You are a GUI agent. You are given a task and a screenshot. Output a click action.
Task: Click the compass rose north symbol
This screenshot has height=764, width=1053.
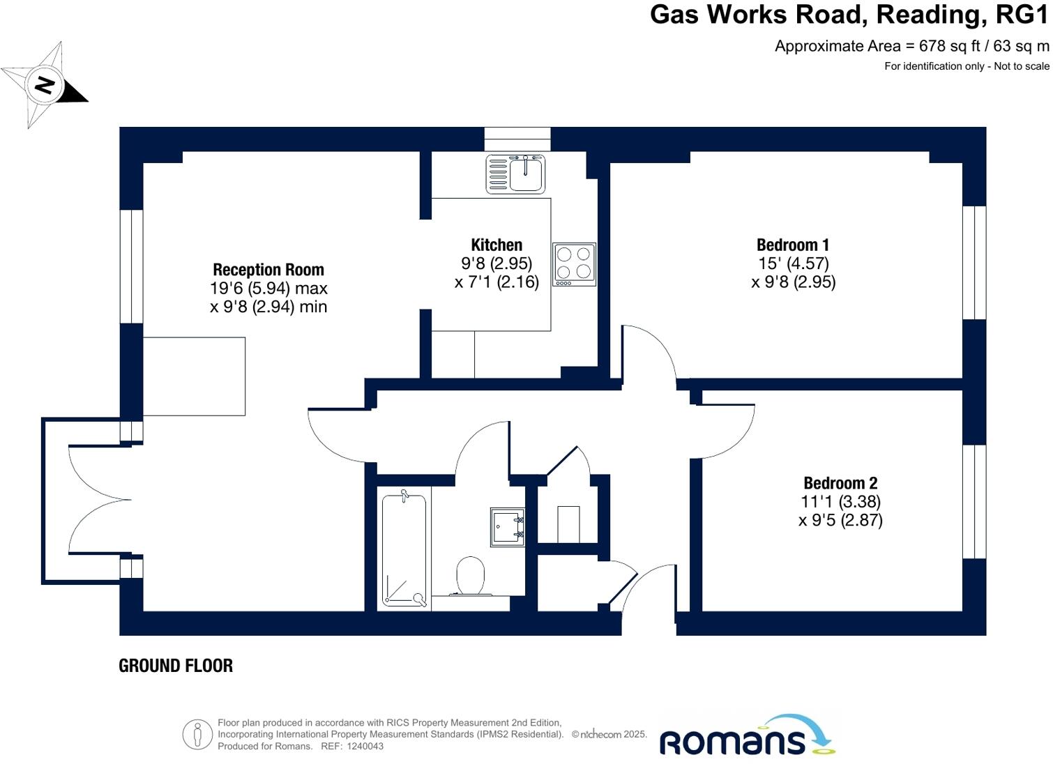45,85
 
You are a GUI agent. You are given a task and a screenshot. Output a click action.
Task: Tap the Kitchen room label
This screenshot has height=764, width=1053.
497,245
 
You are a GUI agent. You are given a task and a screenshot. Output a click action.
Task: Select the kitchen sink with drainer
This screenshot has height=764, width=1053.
515,174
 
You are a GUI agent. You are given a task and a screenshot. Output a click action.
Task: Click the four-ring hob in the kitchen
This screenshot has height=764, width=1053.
575,264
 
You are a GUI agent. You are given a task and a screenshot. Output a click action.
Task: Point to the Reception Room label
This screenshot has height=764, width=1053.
268,270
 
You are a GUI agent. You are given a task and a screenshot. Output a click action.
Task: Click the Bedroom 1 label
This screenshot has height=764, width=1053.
793,245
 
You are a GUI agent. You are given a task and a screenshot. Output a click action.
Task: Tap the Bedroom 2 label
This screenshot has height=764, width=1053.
840,483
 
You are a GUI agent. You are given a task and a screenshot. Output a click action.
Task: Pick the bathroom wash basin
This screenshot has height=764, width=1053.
507,527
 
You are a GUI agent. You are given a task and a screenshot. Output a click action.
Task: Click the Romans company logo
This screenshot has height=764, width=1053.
746,737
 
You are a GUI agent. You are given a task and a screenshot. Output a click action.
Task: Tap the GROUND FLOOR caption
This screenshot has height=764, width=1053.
176,666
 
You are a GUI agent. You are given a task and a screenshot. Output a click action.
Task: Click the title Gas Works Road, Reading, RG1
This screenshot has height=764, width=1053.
849,15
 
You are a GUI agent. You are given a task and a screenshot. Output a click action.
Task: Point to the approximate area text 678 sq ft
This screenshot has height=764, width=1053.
911,46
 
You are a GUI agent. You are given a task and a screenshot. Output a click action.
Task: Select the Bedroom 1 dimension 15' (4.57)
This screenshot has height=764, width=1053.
793,263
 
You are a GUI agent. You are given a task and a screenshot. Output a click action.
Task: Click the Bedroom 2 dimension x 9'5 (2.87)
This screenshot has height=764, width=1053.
840,520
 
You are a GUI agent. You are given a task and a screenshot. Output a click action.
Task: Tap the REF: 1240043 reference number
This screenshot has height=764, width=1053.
352,746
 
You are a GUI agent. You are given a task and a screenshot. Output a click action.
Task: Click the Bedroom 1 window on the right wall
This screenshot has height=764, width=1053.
974,263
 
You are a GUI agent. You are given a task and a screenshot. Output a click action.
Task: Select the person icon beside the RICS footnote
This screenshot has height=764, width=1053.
197,735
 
